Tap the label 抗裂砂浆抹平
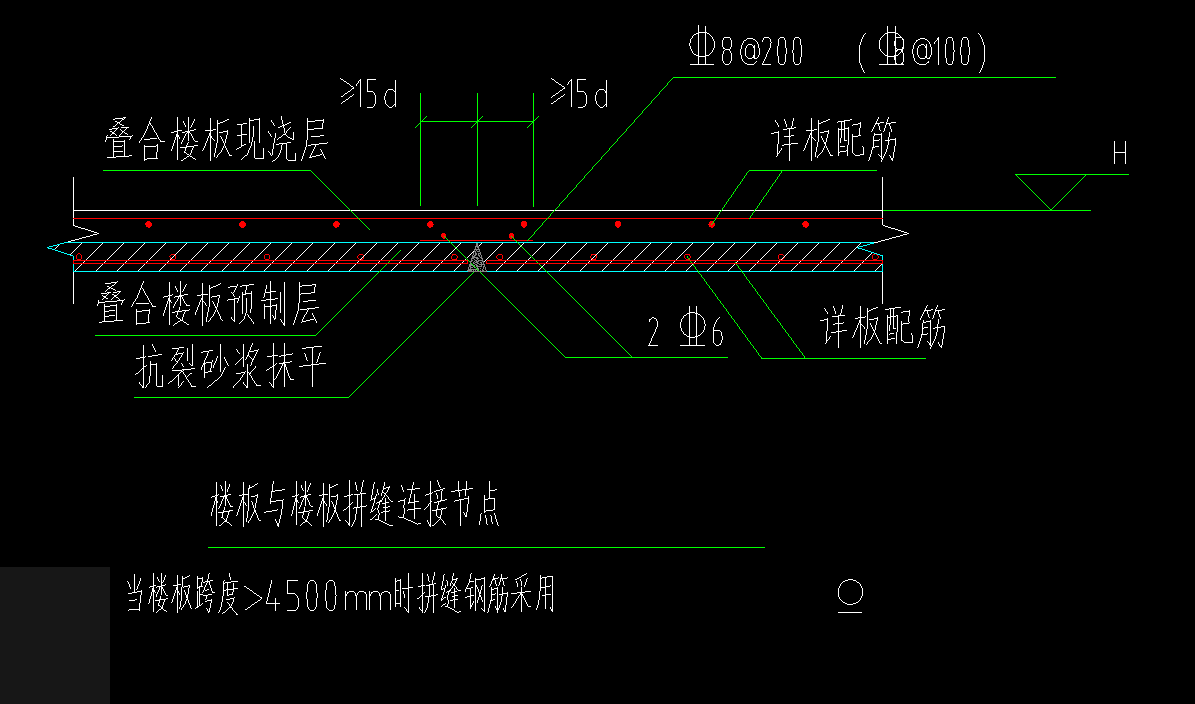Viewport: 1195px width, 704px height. [231, 371]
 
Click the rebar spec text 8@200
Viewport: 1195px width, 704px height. [747, 51]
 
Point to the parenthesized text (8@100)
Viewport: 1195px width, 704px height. [922, 51]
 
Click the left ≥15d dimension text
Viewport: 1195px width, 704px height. [369, 96]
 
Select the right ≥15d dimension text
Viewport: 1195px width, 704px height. [579, 96]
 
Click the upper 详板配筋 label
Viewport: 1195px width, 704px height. [834, 143]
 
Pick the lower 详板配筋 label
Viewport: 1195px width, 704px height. [884, 328]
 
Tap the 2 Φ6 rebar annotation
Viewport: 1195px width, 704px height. [685, 334]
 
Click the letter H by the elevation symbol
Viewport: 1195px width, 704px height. [1120, 153]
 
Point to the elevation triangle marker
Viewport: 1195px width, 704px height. [1051, 190]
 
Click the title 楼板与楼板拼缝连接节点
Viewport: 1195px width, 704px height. [355, 507]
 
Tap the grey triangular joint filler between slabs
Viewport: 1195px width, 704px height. [477, 259]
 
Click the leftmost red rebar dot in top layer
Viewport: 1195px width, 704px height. [148, 224]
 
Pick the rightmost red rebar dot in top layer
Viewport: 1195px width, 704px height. [805, 224]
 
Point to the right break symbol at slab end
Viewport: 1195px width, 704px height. [896, 236]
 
